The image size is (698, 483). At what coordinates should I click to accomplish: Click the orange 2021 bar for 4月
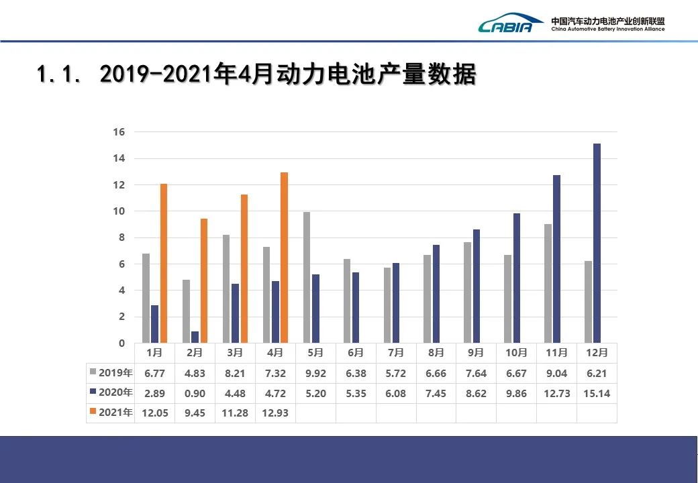coord(284,258)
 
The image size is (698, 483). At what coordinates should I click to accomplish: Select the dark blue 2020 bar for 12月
coord(597,243)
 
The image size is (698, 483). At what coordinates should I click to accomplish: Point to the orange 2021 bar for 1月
coord(164,263)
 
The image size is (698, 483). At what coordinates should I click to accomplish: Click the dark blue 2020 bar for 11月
coord(556,259)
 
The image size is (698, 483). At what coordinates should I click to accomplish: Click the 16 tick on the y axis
coord(118,132)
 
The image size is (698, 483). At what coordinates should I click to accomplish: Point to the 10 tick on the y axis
coord(118,211)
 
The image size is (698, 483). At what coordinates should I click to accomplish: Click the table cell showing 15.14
coord(597,393)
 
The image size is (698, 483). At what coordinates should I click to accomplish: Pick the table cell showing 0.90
coord(195,393)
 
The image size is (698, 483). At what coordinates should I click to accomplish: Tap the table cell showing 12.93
coord(275,413)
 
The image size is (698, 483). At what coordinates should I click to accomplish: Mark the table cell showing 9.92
coord(315,373)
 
